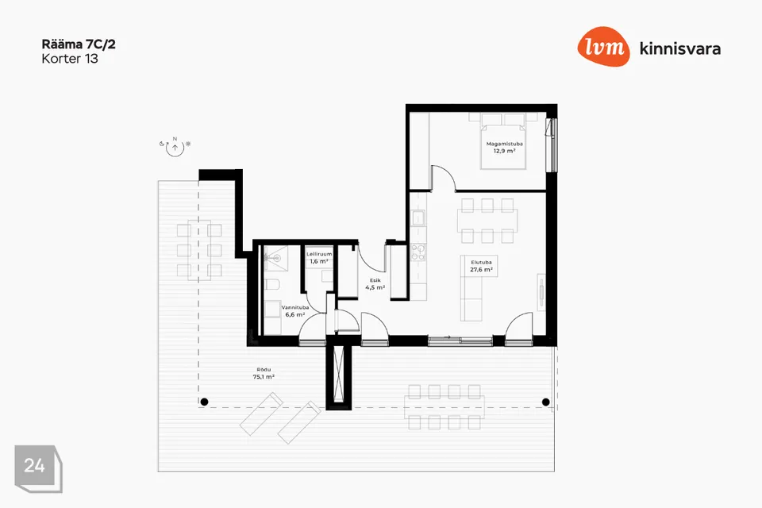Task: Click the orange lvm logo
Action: [x=603, y=47]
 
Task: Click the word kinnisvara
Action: [x=680, y=48]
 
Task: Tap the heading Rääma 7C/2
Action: [x=79, y=44]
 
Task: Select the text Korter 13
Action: [x=70, y=59]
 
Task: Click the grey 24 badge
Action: [x=38, y=468]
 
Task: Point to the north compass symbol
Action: [x=175, y=146]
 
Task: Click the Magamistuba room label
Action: [x=505, y=144]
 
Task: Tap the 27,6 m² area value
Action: [x=481, y=270]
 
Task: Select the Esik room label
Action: [x=375, y=280]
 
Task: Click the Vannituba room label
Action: [x=295, y=308]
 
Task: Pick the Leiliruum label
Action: [x=319, y=254]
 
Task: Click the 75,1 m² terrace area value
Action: [x=264, y=377]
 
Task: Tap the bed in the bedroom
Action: [x=503, y=141]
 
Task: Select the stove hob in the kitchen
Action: [x=418, y=252]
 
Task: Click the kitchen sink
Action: [x=418, y=218]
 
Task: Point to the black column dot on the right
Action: [x=546, y=402]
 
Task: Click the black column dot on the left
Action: [x=205, y=402]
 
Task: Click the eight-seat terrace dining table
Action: [x=444, y=407]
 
